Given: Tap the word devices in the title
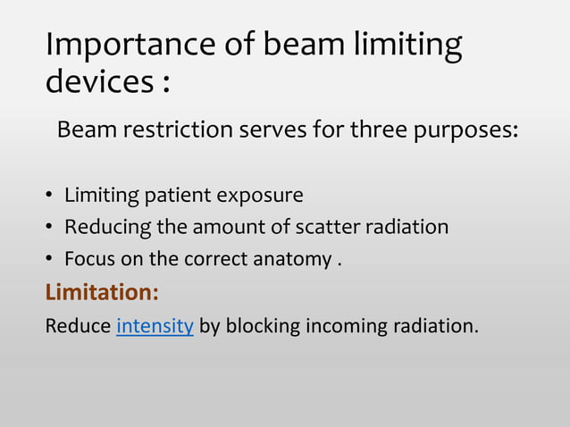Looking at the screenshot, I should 97,82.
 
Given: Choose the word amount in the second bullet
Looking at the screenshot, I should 229,227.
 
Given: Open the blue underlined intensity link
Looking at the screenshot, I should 155,325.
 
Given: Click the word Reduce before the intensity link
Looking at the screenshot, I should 79,325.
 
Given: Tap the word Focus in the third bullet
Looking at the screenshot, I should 88,259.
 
